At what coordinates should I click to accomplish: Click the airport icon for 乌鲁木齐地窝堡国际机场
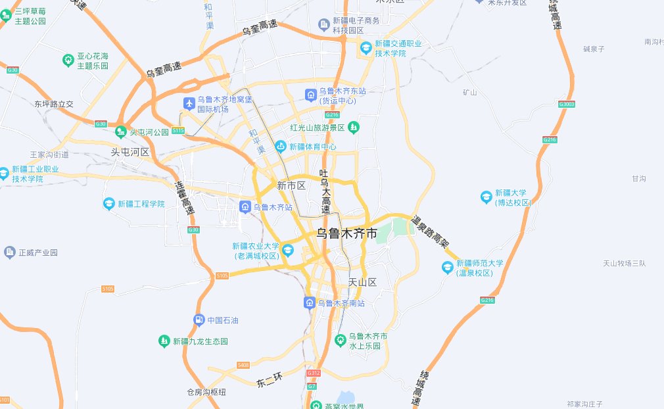(x=189, y=103)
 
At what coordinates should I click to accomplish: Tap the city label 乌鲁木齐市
(x=347, y=233)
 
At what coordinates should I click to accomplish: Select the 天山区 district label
(x=362, y=282)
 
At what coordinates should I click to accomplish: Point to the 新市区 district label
(x=291, y=185)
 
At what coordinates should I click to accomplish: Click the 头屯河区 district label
(x=130, y=152)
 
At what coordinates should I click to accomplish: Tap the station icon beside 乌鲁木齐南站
(x=309, y=303)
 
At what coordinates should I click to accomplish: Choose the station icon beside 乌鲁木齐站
(x=245, y=207)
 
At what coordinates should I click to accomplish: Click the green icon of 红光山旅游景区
(x=354, y=126)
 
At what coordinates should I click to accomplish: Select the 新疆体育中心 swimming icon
(x=281, y=146)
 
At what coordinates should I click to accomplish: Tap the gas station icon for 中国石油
(x=199, y=320)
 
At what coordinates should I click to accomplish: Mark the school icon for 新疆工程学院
(x=109, y=204)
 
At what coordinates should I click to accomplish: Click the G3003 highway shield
(x=566, y=104)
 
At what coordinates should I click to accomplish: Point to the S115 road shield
(x=178, y=131)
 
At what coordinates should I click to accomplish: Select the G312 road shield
(x=313, y=373)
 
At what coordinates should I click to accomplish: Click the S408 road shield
(x=243, y=365)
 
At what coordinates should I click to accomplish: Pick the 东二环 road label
(x=269, y=380)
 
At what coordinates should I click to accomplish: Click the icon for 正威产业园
(x=10, y=252)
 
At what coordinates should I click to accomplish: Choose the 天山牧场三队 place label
(x=625, y=264)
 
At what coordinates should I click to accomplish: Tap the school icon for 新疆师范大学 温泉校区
(x=447, y=267)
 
